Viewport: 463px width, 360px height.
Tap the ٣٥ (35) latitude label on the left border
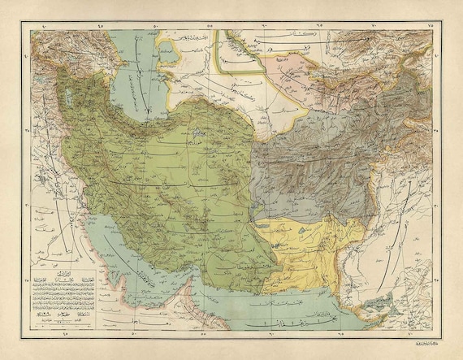[28, 129]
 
